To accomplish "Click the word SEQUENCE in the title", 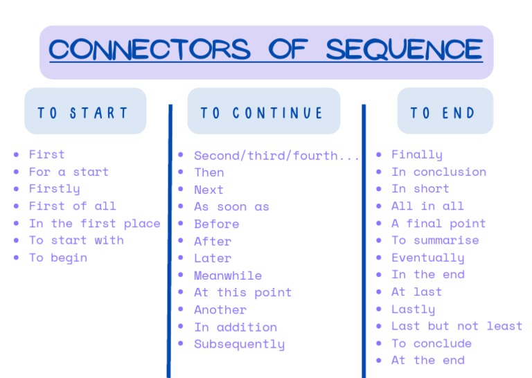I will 404,50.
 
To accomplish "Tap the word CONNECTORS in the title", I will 150,50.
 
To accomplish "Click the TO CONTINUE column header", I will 263,113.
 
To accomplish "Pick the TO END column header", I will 443,113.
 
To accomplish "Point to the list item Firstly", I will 54,188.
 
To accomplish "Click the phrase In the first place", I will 94,223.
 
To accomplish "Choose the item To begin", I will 57,258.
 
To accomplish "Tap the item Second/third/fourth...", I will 276,156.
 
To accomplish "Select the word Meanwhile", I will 228,276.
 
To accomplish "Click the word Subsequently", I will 239,344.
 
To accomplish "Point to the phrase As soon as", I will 231,206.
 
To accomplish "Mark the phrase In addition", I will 236,327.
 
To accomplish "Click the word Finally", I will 416,154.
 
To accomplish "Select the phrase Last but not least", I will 456,326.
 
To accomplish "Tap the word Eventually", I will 427,258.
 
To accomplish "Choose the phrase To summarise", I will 435,240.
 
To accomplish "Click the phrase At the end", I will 427,360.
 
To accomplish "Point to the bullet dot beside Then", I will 181,172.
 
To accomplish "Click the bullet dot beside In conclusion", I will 378,172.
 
